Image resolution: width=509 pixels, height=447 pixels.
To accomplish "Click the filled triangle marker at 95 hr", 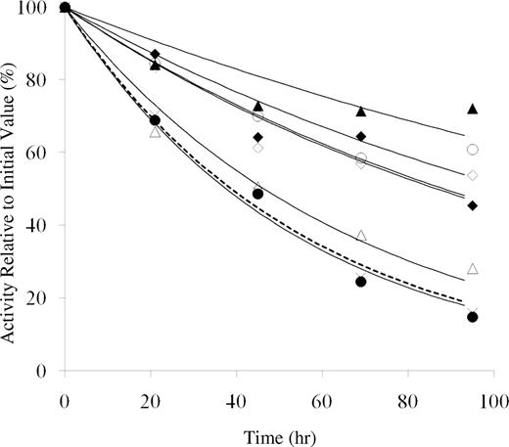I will (473, 109).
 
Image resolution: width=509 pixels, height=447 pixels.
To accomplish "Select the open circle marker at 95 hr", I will (473, 150).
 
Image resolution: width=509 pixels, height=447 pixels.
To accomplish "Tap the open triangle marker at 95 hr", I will (473, 268).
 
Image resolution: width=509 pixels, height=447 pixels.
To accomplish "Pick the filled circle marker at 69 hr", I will (361, 282).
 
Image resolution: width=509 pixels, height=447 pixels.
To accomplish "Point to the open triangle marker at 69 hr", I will (361, 236).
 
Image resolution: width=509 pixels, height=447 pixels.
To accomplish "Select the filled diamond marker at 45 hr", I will (257, 137).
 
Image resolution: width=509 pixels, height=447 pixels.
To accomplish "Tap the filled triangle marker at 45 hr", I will (257, 106).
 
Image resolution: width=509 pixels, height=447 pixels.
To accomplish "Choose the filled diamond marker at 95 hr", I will (473, 205).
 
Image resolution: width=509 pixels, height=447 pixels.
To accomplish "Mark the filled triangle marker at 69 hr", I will (361, 112).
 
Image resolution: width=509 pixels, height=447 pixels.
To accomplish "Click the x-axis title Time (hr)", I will (278, 430).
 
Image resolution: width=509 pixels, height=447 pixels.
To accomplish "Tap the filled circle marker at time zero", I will (65, 8).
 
